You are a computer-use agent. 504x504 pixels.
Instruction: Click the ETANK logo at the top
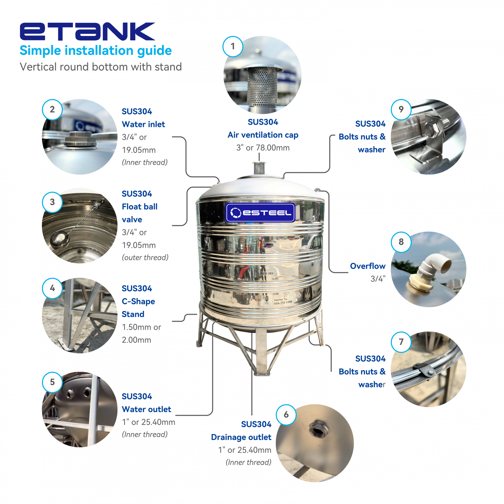pos(87,31)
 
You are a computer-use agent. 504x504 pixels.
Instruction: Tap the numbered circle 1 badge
pos(233,46)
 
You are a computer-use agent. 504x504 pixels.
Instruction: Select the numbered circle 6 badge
pos(286,415)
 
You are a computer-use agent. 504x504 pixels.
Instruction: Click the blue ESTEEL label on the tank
pos(261,213)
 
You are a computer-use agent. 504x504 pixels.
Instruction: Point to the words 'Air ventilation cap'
pos(263,135)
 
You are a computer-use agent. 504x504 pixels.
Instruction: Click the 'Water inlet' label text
pos(143,124)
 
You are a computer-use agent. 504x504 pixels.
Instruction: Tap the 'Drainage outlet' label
pos(241,437)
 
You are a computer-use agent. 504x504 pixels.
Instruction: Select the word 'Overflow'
pos(367,266)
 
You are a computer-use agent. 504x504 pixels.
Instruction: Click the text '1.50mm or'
pos(141,327)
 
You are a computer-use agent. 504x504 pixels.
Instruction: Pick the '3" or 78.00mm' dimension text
pos(263,148)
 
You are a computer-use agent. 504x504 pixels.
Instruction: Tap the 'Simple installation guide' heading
pos(95,51)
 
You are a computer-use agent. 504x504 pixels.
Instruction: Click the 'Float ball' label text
pos(139,207)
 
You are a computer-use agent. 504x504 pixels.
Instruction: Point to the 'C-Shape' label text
pos(138,302)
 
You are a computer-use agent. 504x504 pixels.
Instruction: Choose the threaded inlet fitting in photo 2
pos(80,139)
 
